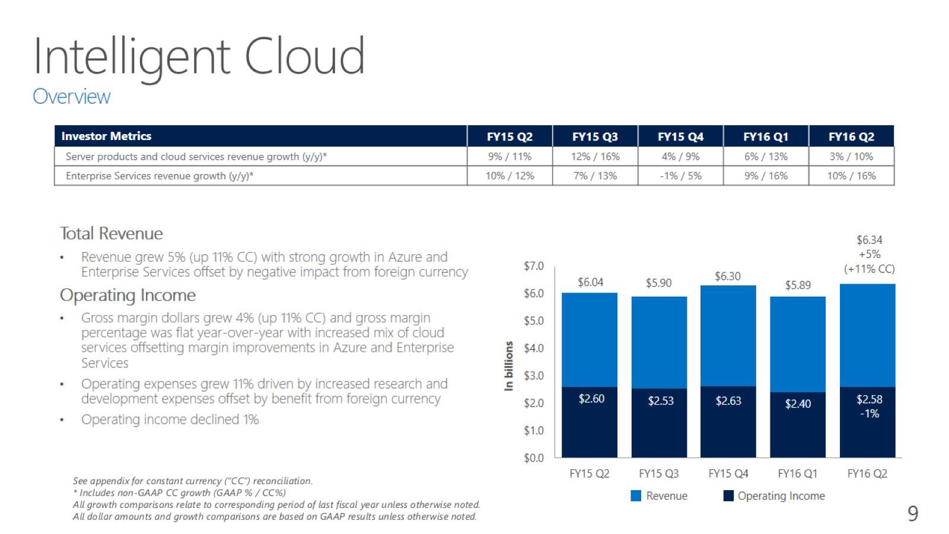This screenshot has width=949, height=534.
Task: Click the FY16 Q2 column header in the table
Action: point(851,136)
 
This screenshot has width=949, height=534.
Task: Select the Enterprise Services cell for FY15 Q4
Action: point(680,176)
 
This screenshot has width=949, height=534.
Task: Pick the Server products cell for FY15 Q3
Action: point(595,157)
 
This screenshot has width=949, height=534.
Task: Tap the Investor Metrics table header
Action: point(106,136)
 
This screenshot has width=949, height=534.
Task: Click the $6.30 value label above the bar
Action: point(727,276)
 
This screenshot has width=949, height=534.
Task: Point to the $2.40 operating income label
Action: point(798,403)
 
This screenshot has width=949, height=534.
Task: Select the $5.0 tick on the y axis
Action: point(533,321)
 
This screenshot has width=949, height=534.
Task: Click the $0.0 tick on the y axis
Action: point(533,458)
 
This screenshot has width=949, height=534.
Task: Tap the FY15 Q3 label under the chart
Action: point(658,473)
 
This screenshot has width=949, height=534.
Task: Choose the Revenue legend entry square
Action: point(635,496)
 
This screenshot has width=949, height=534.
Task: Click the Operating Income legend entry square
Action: point(728,496)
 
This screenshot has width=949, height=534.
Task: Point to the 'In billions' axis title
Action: point(508,365)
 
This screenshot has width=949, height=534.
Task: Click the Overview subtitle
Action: point(71,96)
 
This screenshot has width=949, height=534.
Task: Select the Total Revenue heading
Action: point(111,234)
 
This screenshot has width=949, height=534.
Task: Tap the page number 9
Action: point(913,513)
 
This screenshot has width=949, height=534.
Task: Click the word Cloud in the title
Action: point(304,56)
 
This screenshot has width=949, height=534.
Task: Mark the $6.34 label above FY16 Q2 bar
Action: point(870,240)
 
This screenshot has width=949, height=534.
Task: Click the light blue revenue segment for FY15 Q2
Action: point(590,339)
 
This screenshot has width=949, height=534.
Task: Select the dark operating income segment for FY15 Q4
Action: point(728,422)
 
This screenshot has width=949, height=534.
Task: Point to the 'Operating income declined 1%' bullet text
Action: point(170,419)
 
